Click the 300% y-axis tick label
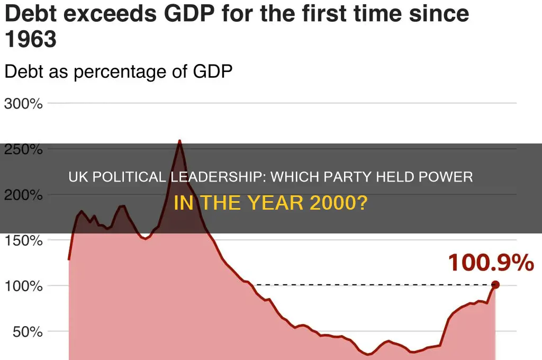tap(23, 104)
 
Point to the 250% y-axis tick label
tap(23, 149)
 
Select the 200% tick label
tap(23, 195)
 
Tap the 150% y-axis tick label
tap(23, 240)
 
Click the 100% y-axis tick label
tap(23, 286)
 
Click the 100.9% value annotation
tap(491, 263)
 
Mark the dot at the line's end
tap(495, 285)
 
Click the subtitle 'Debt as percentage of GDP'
tap(119, 71)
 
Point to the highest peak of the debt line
tap(179, 141)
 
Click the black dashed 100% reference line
tap(371, 285)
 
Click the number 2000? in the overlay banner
tap(334, 202)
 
